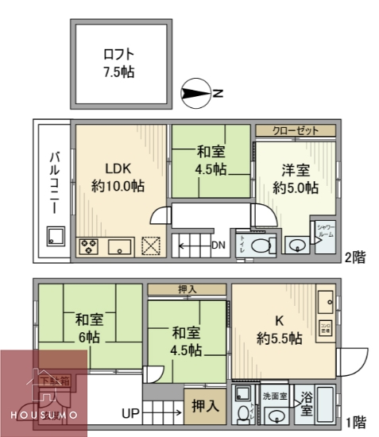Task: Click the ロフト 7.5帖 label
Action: tap(118, 63)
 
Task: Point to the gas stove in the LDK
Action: tap(88, 246)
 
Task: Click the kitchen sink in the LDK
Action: tap(119, 246)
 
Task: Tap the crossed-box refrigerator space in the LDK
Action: tap(151, 246)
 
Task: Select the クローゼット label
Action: tap(295, 130)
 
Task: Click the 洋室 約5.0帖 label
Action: tap(296, 178)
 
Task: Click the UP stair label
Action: tap(131, 412)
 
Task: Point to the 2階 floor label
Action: tap(354, 258)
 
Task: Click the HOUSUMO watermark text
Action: tap(44, 416)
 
